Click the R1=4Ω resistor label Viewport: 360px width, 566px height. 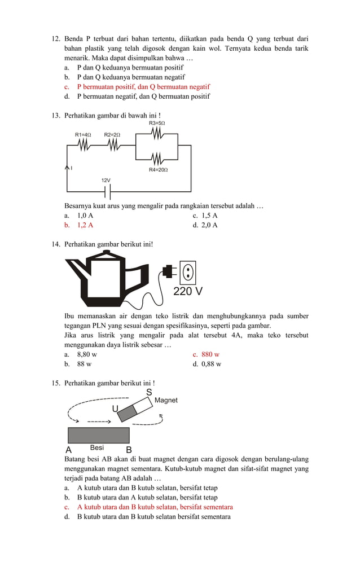coord(83,135)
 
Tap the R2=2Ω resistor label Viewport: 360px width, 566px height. coord(112,135)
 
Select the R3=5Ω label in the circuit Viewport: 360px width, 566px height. coord(157,123)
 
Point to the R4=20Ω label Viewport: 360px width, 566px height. coord(158,170)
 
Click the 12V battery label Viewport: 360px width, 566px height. coord(106,180)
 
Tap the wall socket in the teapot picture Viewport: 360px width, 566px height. coord(187,272)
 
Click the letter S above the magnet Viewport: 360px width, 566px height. coord(149,392)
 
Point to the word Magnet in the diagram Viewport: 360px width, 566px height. coord(166,400)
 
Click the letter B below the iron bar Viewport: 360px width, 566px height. coord(129,450)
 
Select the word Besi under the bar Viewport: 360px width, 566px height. coord(96,448)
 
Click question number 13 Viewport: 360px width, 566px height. coord(56,116)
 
